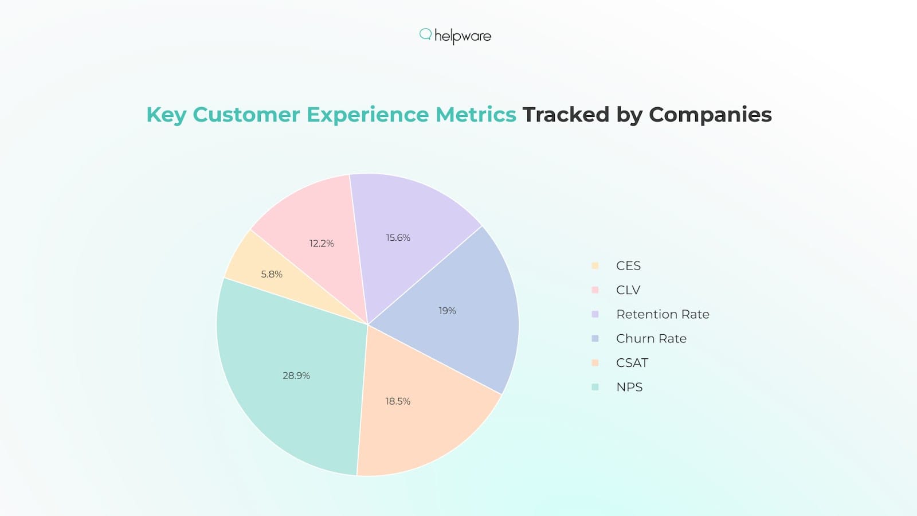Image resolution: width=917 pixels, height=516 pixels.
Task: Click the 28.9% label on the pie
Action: click(x=296, y=376)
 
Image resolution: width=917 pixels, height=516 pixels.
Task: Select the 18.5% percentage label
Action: click(x=398, y=401)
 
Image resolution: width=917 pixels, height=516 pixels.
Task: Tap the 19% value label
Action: click(x=447, y=311)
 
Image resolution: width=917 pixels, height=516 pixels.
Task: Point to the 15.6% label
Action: click(x=398, y=237)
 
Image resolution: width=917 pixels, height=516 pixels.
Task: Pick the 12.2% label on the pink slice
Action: click(x=322, y=243)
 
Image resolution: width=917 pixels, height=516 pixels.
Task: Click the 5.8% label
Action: click(x=272, y=274)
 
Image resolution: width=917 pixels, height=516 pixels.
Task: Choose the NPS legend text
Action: click(x=629, y=387)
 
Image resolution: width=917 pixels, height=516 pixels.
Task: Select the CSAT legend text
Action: click(x=632, y=363)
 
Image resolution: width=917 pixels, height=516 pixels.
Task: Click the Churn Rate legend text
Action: click(x=651, y=339)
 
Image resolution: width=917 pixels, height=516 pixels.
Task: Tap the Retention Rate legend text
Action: click(x=663, y=314)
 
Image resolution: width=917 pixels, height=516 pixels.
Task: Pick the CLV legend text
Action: click(x=628, y=290)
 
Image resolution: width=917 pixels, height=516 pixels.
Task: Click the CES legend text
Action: click(x=628, y=265)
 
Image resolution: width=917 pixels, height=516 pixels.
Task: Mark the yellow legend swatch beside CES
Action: click(x=595, y=265)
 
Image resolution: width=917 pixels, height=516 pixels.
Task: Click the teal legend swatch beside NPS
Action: click(x=595, y=387)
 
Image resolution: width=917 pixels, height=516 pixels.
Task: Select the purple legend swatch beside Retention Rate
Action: click(x=595, y=314)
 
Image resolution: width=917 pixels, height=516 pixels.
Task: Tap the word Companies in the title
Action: click(x=710, y=115)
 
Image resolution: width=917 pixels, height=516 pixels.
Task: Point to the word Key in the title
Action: click(x=166, y=115)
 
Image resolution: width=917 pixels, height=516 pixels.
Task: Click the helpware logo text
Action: click(x=463, y=36)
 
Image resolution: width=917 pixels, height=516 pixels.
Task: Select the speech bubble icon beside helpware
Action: click(x=425, y=34)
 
